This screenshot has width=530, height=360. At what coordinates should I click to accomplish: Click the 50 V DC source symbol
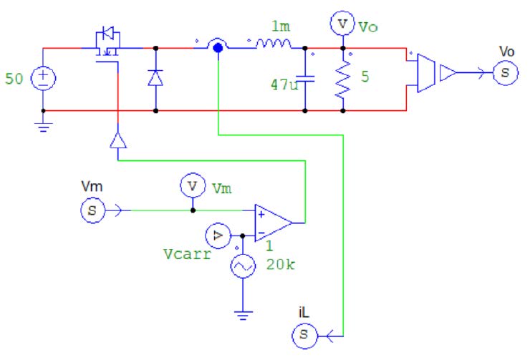pyautogui.click(x=44, y=78)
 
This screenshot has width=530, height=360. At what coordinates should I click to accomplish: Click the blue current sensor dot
pyautogui.click(x=216, y=47)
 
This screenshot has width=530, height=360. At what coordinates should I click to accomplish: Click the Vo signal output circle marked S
pyautogui.click(x=504, y=72)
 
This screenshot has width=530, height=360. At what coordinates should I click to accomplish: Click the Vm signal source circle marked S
pyautogui.click(x=92, y=210)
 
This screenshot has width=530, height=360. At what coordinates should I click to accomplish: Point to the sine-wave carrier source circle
pyautogui.click(x=243, y=266)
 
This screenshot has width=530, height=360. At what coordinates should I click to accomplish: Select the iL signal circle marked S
pyautogui.click(x=304, y=334)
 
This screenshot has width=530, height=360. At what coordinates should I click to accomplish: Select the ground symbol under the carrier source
pyautogui.click(x=243, y=313)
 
